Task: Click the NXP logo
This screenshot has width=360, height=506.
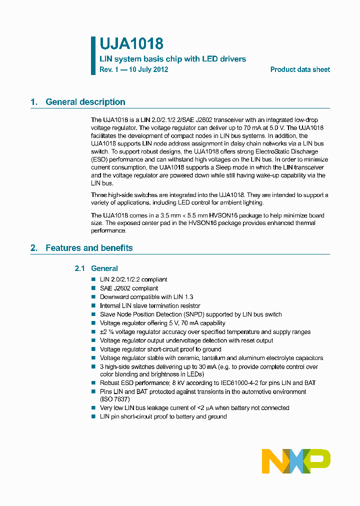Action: click(x=296, y=461)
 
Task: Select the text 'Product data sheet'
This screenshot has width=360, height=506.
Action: click(x=300, y=69)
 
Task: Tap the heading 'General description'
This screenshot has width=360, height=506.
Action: click(x=85, y=102)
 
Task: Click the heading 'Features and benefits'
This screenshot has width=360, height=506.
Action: click(x=89, y=248)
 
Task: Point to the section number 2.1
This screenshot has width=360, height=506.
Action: click(x=80, y=268)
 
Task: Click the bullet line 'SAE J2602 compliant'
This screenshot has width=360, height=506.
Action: click(x=129, y=288)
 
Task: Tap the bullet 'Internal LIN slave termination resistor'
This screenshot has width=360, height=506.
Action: click(x=150, y=305)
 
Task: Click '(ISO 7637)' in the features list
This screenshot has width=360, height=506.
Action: click(x=115, y=399)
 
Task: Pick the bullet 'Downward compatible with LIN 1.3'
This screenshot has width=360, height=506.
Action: click(x=146, y=297)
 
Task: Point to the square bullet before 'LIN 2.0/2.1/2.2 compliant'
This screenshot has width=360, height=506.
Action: click(x=93, y=279)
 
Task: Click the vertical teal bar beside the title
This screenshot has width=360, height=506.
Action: click(x=93, y=55)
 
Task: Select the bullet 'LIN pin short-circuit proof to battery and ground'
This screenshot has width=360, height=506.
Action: click(x=163, y=416)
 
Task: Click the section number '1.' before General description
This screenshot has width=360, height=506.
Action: click(x=34, y=102)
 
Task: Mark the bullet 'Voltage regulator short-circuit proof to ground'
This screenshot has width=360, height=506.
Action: click(x=160, y=349)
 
